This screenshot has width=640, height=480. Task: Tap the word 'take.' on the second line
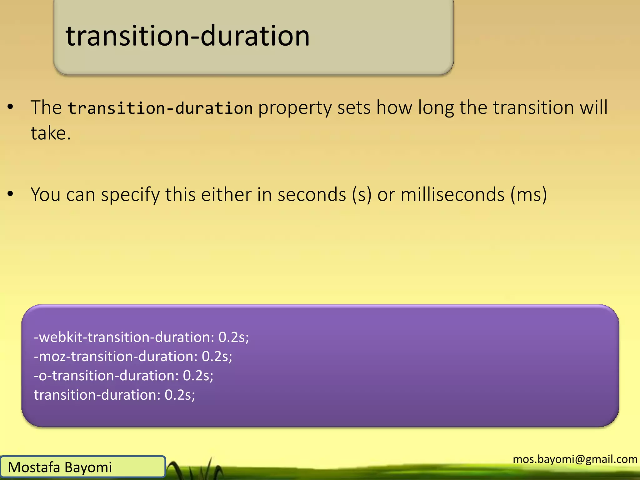51,133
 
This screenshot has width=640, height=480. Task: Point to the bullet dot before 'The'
11,107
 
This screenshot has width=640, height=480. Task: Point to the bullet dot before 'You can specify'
11,194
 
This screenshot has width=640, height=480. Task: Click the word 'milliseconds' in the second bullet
452,194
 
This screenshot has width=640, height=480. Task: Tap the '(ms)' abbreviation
528,194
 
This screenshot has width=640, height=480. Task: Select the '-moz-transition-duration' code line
116,357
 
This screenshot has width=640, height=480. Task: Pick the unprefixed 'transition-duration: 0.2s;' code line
114,395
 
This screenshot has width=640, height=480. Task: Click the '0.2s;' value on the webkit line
233,337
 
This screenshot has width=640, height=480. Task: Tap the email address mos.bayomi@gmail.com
575,459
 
